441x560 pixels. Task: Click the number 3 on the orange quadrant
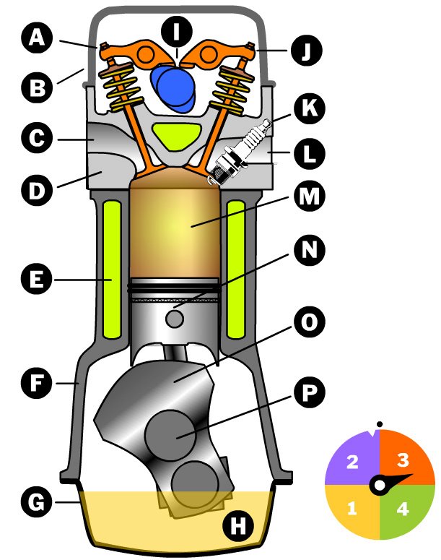click(x=403, y=460)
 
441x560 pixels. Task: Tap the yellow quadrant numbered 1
click(x=352, y=509)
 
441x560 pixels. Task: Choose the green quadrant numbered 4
click(x=403, y=509)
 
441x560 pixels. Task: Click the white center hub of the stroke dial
click(x=377, y=485)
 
